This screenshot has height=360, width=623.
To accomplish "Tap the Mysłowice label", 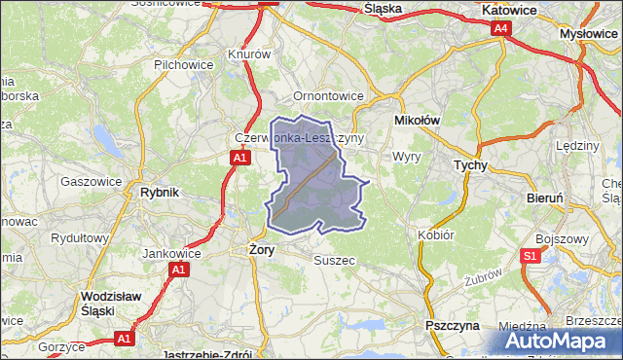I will point(590,32).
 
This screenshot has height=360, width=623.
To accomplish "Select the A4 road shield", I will point(500,29).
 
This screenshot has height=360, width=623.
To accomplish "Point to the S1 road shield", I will point(530,256).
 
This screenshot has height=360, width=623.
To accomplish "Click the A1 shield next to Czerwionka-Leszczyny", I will point(239,157).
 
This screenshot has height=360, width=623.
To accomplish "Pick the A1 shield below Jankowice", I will point(177,269).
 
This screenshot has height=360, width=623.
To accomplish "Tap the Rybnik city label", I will point(160,193).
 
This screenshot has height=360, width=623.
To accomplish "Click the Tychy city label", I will point(470,165).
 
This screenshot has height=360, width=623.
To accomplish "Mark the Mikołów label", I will point(418,120).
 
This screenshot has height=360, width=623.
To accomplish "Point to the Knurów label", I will point(248,54).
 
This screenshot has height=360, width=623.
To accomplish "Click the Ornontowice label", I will point(328,96).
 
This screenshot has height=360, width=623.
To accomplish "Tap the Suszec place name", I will point(332,260).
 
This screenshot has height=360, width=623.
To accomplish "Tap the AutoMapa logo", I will point(559,341).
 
